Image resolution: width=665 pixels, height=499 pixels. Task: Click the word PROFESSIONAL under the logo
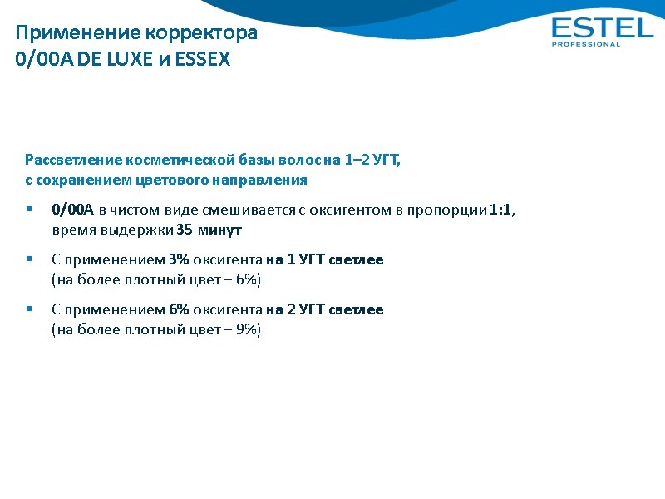[586, 45]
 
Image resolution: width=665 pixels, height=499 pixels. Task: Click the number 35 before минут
[185, 230]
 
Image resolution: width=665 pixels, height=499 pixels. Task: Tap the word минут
[219, 230]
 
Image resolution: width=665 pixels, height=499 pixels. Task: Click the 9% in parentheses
[247, 329]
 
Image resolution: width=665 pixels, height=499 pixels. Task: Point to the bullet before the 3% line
[29, 260]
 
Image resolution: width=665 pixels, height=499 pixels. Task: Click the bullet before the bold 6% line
[29, 309]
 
